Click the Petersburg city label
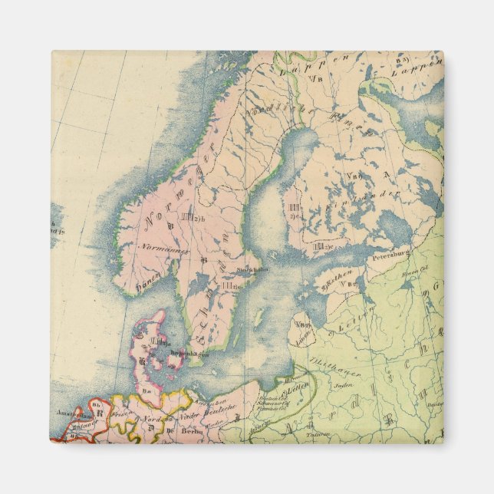pyautogui.click(x=392, y=251)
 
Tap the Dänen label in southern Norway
pyautogui.click(x=147, y=286)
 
